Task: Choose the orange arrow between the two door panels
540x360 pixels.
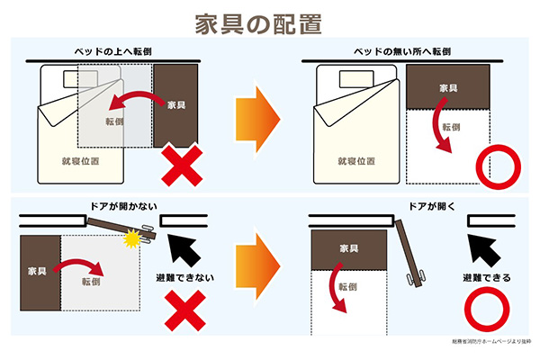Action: pos(256,266)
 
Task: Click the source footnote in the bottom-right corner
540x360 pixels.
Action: pos(490,342)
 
